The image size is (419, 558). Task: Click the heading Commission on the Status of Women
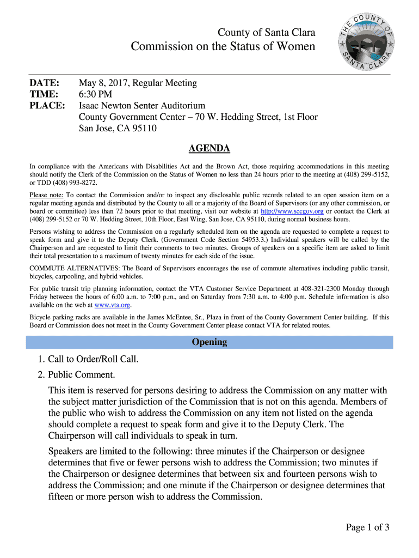click(x=223, y=46)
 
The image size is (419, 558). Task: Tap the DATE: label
click(x=45, y=83)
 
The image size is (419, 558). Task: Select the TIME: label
click(x=44, y=94)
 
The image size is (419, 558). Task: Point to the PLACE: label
click(x=47, y=105)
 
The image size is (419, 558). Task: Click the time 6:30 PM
click(x=96, y=94)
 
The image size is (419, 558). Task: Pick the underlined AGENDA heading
click(x=209, y=148)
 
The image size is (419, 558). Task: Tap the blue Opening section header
click(x=209, y=342)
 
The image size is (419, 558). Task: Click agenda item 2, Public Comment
click(x=82, y=375)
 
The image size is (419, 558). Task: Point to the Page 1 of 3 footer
click(x=367, y=527)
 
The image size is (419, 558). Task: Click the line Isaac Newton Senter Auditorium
click(x=142, y=106)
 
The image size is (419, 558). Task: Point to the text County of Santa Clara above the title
click(x=266, y=33)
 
